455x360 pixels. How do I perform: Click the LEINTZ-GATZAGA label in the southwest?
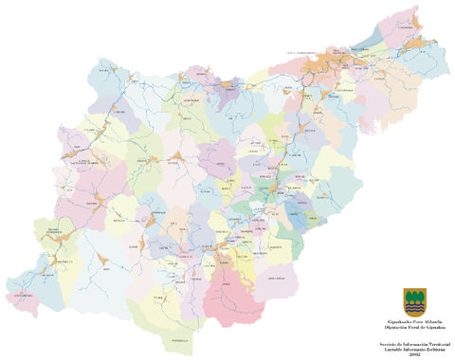pos(21,296)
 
